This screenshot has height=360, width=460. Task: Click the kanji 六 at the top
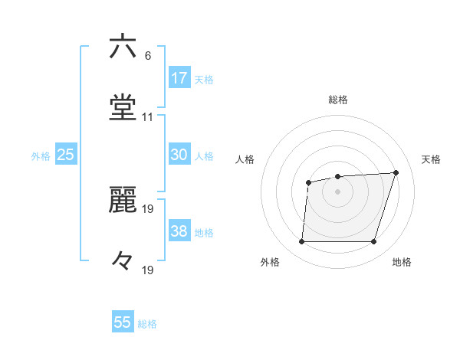pos(123,47)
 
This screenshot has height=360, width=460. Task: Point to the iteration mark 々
pos(123,261)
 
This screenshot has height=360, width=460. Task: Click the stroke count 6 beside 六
pos(147,55)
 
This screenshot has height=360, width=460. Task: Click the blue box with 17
pos(179,78)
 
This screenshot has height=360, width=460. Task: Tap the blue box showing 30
pos(179,155)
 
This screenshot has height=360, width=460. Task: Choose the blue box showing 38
pos(179,231)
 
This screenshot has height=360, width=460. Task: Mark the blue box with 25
pos(66,155)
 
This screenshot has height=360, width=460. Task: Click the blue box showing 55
pos(123,322)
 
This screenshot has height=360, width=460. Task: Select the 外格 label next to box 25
pos(41,156)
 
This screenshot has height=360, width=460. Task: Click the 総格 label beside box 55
pos(147,324)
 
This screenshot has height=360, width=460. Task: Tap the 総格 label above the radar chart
pos(338,100)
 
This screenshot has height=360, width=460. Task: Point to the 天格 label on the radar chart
pos(431,159)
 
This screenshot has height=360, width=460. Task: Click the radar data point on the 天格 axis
pos(396,172)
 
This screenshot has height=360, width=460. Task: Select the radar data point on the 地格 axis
pos(373,242)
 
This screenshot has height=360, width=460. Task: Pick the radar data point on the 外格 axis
pos(301,242)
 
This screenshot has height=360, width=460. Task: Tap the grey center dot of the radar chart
pos(337,191)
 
